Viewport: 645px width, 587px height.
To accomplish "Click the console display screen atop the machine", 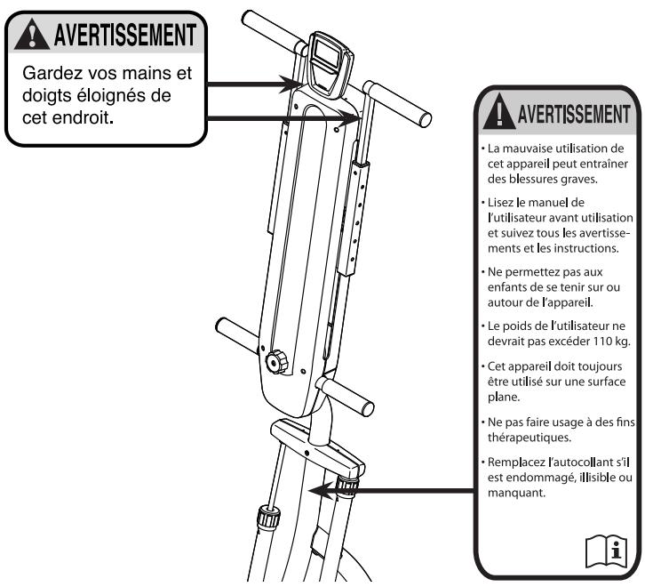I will [328, 60].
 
